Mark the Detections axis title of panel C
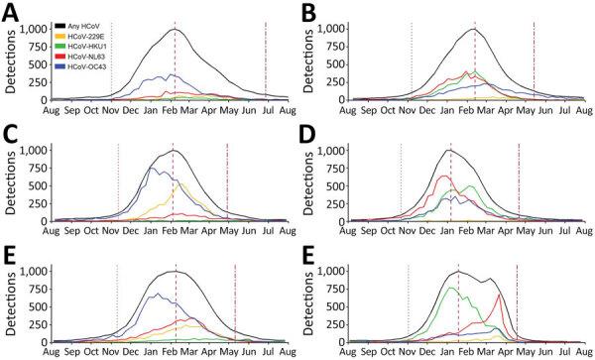tap(9, 185)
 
